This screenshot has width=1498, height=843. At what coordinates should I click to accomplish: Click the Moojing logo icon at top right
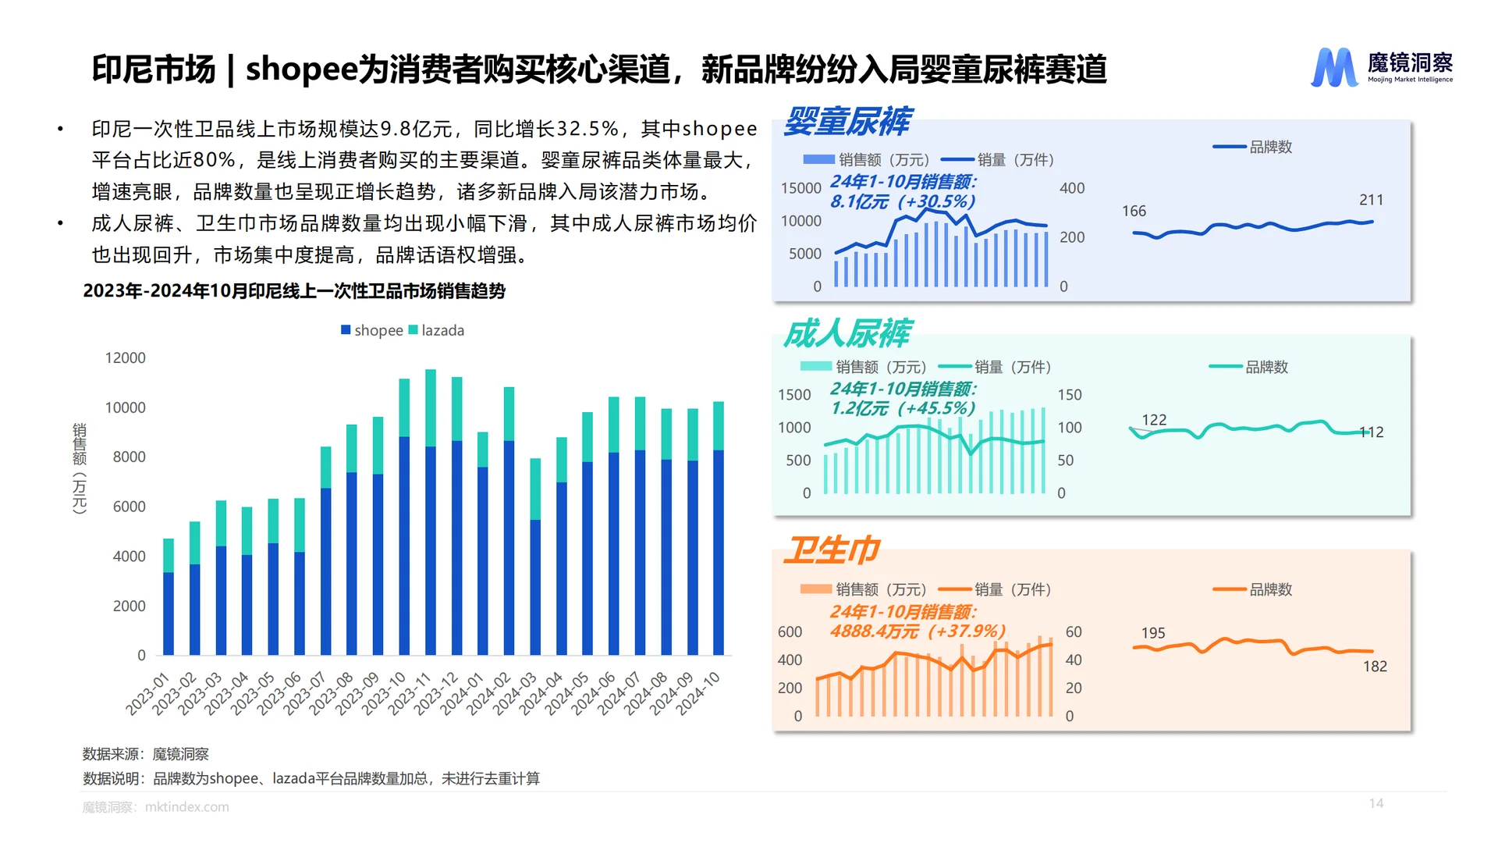pos(1333,68)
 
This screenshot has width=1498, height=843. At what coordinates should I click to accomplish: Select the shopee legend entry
pos(372,330)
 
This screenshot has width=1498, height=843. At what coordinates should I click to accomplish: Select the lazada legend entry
pos(436,330)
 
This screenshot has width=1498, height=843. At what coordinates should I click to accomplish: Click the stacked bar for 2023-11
pos(431,512)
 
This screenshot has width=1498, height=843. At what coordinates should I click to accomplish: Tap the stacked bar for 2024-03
pos(535,557)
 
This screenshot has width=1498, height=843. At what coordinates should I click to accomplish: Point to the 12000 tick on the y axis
pos(126,357)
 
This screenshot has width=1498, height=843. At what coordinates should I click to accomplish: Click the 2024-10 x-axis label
pos(699,692)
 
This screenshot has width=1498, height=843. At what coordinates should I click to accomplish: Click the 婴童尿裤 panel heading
pos(847,121)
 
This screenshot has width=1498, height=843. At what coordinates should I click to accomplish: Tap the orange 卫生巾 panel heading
pos(832,550)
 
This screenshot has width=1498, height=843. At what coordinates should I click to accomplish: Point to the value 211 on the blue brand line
pos(1371,200)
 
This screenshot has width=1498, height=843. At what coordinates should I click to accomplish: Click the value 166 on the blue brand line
pos(1134,211)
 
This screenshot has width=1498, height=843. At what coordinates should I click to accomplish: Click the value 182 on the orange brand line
pos(1375,666)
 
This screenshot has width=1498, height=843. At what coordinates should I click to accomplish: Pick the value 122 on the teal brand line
pos(1154,420)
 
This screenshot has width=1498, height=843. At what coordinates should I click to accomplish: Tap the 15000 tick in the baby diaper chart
pos(801,188)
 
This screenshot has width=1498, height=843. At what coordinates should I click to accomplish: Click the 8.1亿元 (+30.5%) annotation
pos(903,201)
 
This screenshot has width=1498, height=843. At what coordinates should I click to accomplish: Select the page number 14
pos(1376,803)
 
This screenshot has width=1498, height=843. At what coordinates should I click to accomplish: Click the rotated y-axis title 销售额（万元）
pos(80,468)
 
